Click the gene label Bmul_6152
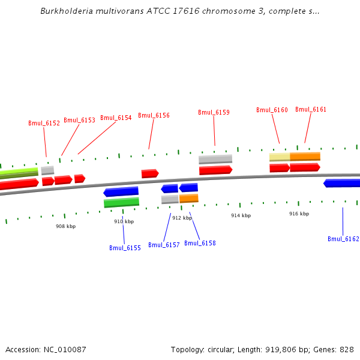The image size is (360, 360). click(x=44, y=123)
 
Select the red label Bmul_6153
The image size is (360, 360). click(x=79, y=120)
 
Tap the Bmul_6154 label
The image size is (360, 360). click(x=116, y=118)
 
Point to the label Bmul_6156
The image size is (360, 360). click(x=154, y=115)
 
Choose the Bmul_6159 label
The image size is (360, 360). click(x=214, y=112)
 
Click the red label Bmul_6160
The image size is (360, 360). click(x=272, y=110)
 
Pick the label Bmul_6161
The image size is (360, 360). click(x=311, y=109)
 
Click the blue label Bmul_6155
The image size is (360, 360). click(x=125, y=248)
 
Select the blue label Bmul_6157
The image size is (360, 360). click(x=164, y=245)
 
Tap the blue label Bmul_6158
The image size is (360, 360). click(x=200, y=243)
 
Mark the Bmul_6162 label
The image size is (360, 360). click(x=343, y=239)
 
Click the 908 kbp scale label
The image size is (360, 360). click(x=65, y=226)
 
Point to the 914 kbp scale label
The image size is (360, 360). click(x=241, y=215)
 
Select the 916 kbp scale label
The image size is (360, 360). click(x=299, y=214)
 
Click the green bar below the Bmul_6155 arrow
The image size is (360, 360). click(x=121, y=203)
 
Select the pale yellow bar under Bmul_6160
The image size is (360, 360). click(x=279, y=157)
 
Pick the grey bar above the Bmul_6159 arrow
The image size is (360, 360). click(x=215, y=159)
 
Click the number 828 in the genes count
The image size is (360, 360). click(x=347, y=349)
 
